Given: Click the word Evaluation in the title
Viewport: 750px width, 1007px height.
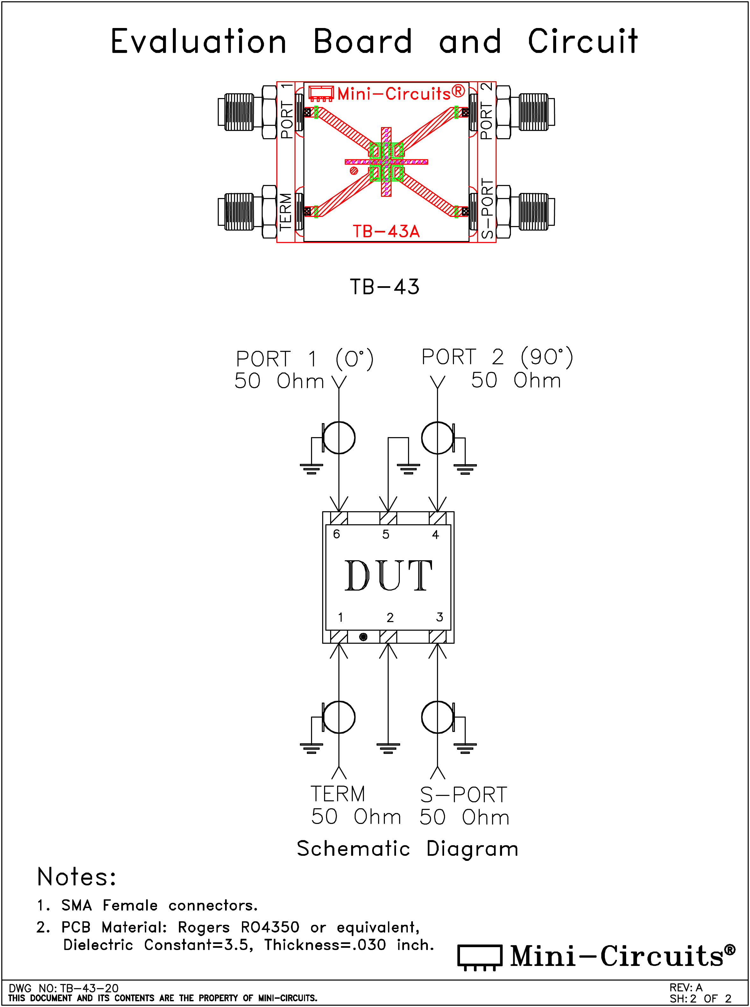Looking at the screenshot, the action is [198, 41].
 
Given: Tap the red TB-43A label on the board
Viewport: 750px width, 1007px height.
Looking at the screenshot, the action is [386, 231].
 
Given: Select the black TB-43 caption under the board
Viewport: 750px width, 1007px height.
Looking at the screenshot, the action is [385, 287].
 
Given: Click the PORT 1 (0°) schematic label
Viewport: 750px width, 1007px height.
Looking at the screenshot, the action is [305, 359].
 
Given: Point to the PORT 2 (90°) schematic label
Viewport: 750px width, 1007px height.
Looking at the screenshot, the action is [498, 357].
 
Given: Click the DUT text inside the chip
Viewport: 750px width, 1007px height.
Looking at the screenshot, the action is [388, 575].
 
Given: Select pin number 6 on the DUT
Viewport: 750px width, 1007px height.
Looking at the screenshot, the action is [336, 534].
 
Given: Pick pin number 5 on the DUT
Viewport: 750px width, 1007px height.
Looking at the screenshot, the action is [386, 534].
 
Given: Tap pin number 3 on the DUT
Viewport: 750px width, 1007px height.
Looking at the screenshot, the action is [440, 617].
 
